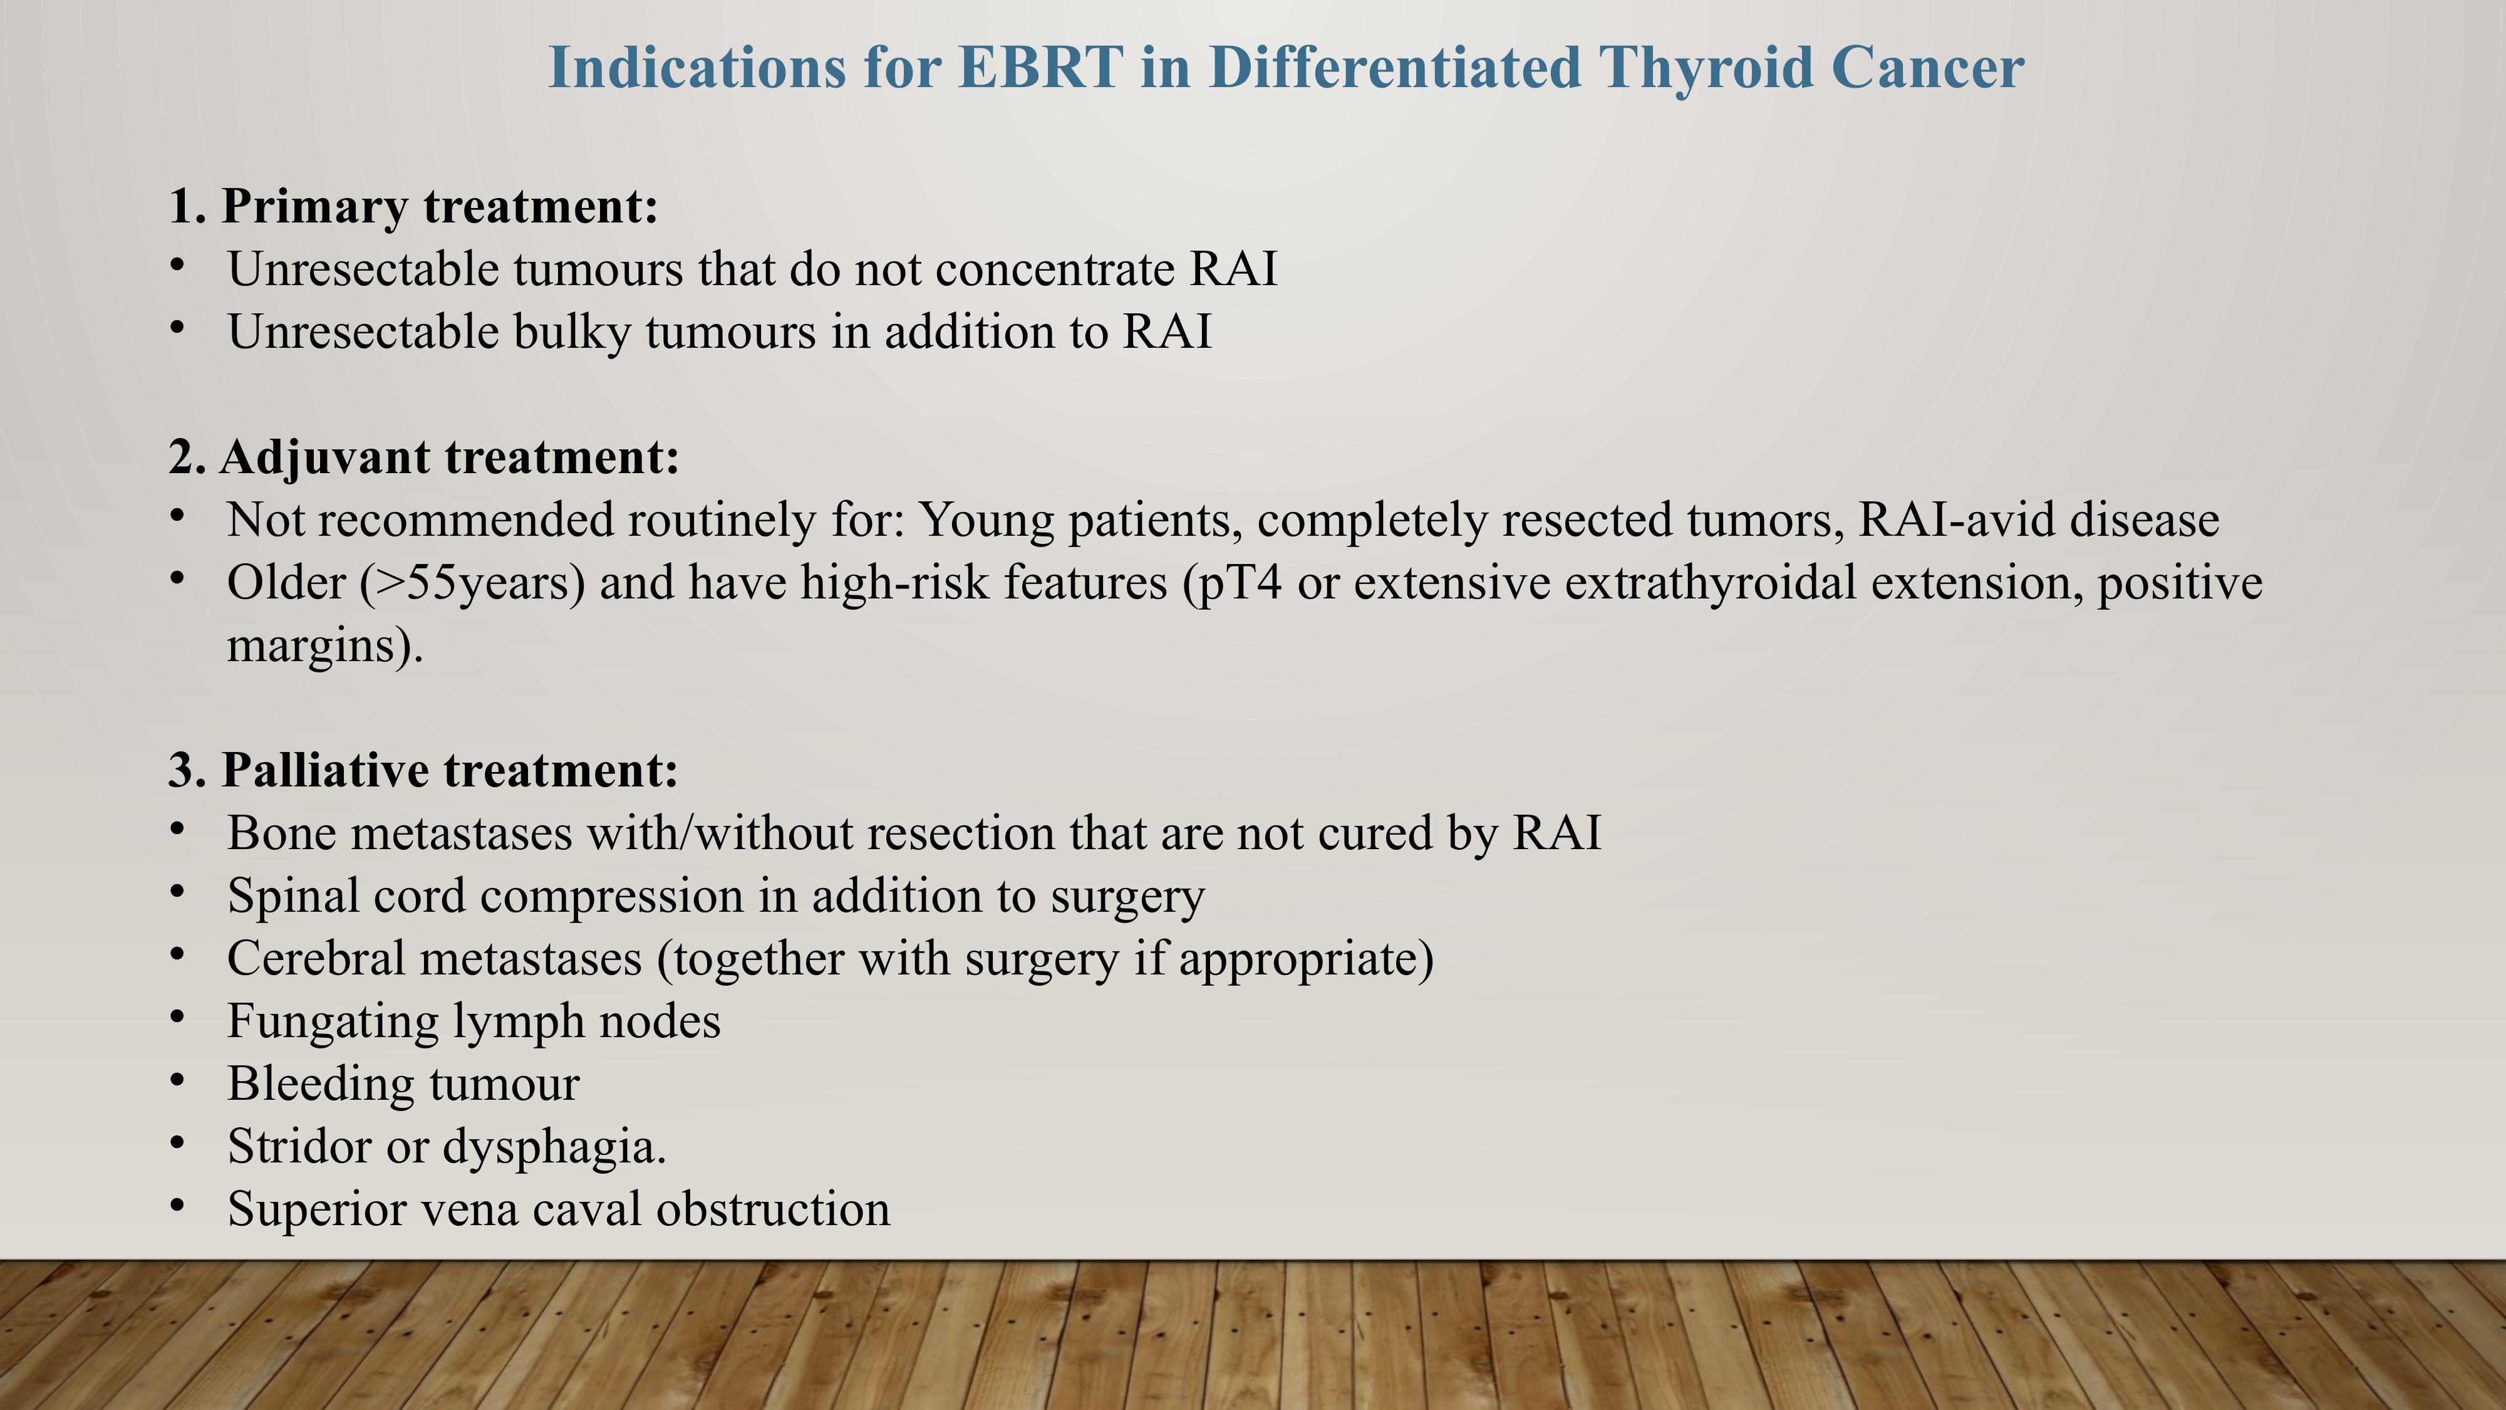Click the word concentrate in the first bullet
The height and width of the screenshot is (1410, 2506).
(x=1055, y=269)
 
